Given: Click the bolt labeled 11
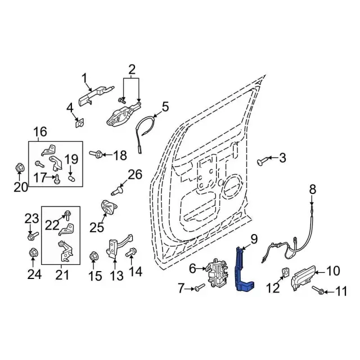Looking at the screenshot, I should coord(319,291).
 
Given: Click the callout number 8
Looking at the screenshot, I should coord(313,189).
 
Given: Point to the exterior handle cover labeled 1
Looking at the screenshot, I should coord(91,97).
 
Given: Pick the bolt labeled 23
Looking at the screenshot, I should coord(32,234).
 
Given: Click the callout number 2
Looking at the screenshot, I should coord(132,70).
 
